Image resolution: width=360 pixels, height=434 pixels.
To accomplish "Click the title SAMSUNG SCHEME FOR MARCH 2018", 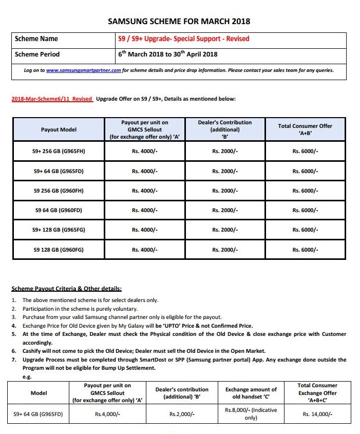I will point(179,22).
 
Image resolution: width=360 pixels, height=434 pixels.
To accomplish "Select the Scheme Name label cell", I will point(36,39).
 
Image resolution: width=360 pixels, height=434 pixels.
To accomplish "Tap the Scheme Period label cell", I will point(37,54).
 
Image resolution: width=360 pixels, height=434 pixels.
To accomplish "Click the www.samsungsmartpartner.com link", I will point(84,70).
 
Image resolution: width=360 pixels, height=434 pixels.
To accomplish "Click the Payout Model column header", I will point(59,130).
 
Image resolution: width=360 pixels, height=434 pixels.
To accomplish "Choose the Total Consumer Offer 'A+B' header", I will point(305,130).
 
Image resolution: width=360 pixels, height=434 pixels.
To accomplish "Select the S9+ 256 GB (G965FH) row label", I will point(59,152).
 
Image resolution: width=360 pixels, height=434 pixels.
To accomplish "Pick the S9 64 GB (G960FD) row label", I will point(59,210).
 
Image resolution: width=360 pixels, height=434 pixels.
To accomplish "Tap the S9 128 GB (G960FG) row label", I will point(59,250).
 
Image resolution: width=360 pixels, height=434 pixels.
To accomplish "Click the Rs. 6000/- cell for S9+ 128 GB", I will point(305,230).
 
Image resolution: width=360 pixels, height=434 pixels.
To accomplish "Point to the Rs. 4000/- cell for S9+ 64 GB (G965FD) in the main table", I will point(144,171).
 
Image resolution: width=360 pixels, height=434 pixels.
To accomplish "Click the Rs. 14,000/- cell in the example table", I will point(317,414).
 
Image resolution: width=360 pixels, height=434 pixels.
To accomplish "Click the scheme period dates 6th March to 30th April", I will point(168,54).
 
